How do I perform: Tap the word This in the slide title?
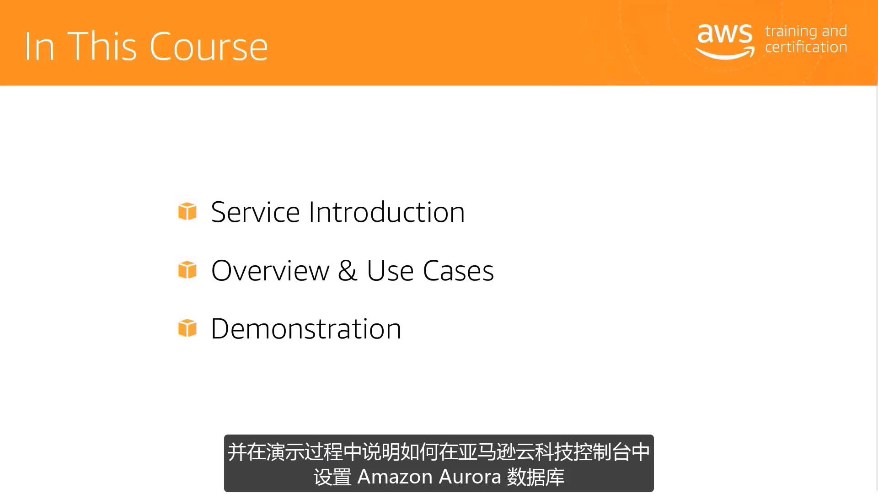pos(102,46)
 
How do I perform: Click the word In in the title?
pos(40,46)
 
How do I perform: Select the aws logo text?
pos(725,34)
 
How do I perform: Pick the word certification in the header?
pos(806,47)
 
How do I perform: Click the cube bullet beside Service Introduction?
pos(187,211)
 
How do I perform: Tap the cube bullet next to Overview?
pos(187,270)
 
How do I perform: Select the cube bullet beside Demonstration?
pos(187,328)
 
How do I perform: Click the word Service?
pos(255,212)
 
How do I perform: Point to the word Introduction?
pos(387,212)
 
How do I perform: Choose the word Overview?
pos(270,270)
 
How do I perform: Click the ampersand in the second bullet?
pos(348,270)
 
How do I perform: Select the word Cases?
pos(459,270)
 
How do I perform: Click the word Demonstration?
pos(306,329)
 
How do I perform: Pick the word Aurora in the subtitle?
pos(470,477)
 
